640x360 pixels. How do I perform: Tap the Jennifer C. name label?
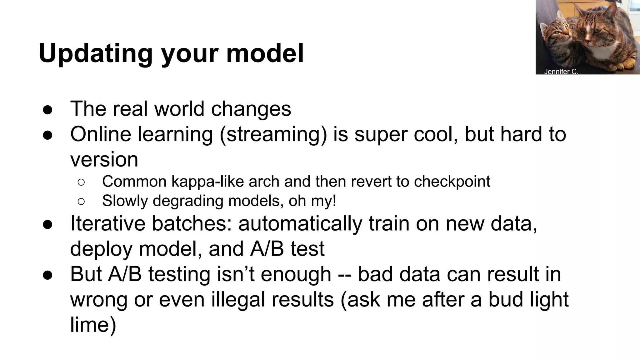click(561, 72)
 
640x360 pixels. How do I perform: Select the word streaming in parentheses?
click(273, 135)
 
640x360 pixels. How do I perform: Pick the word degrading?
click(188, 201)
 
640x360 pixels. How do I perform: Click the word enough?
click(296, 274)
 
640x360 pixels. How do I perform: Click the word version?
click(104, 160)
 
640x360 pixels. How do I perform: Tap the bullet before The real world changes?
click(47, 110)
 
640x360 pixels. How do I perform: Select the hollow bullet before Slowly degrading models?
click(81, 202)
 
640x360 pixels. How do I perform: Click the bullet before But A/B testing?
click(47, 275)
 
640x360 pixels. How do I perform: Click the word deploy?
click(102, 249)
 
